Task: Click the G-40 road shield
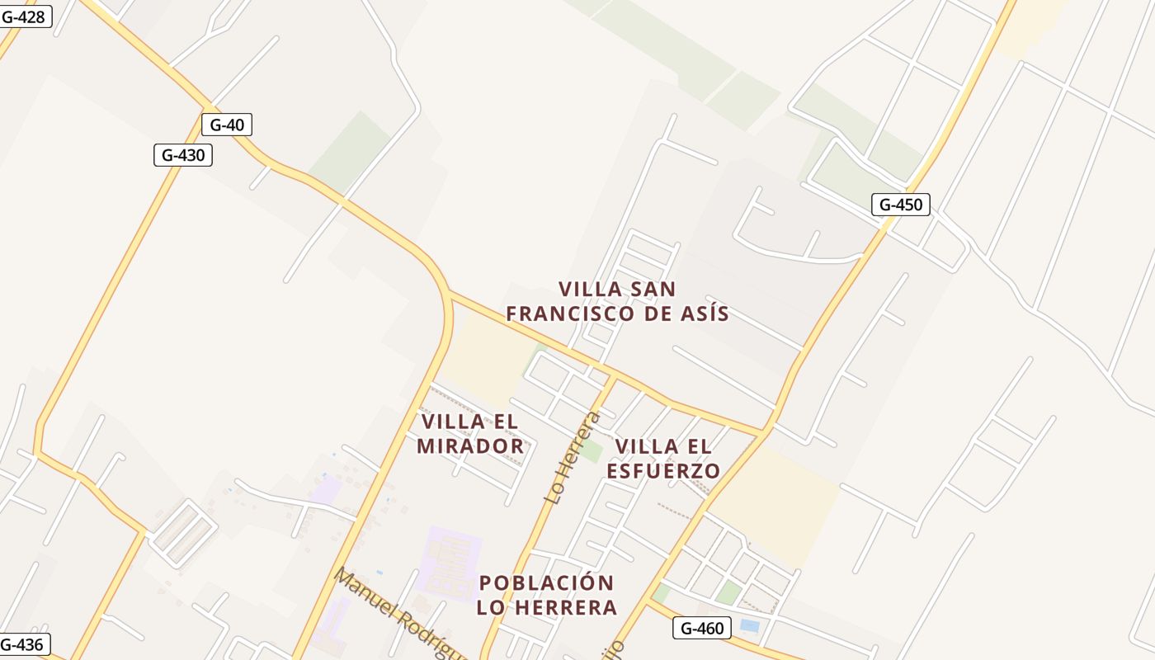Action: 227,125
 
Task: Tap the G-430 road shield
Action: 183,155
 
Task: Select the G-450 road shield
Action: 900,205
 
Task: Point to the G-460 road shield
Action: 702,629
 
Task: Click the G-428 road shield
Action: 23,16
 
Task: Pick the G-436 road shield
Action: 23,644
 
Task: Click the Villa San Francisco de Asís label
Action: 617,302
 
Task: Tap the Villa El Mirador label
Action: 470,434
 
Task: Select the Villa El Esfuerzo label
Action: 663,459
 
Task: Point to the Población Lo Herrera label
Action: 546,595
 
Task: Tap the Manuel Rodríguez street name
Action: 396,614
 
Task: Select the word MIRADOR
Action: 470,446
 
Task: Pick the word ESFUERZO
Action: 663,471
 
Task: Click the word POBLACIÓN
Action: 546,583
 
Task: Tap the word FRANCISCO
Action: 571,314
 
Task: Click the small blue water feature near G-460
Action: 749,626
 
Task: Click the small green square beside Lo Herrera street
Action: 590,451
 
